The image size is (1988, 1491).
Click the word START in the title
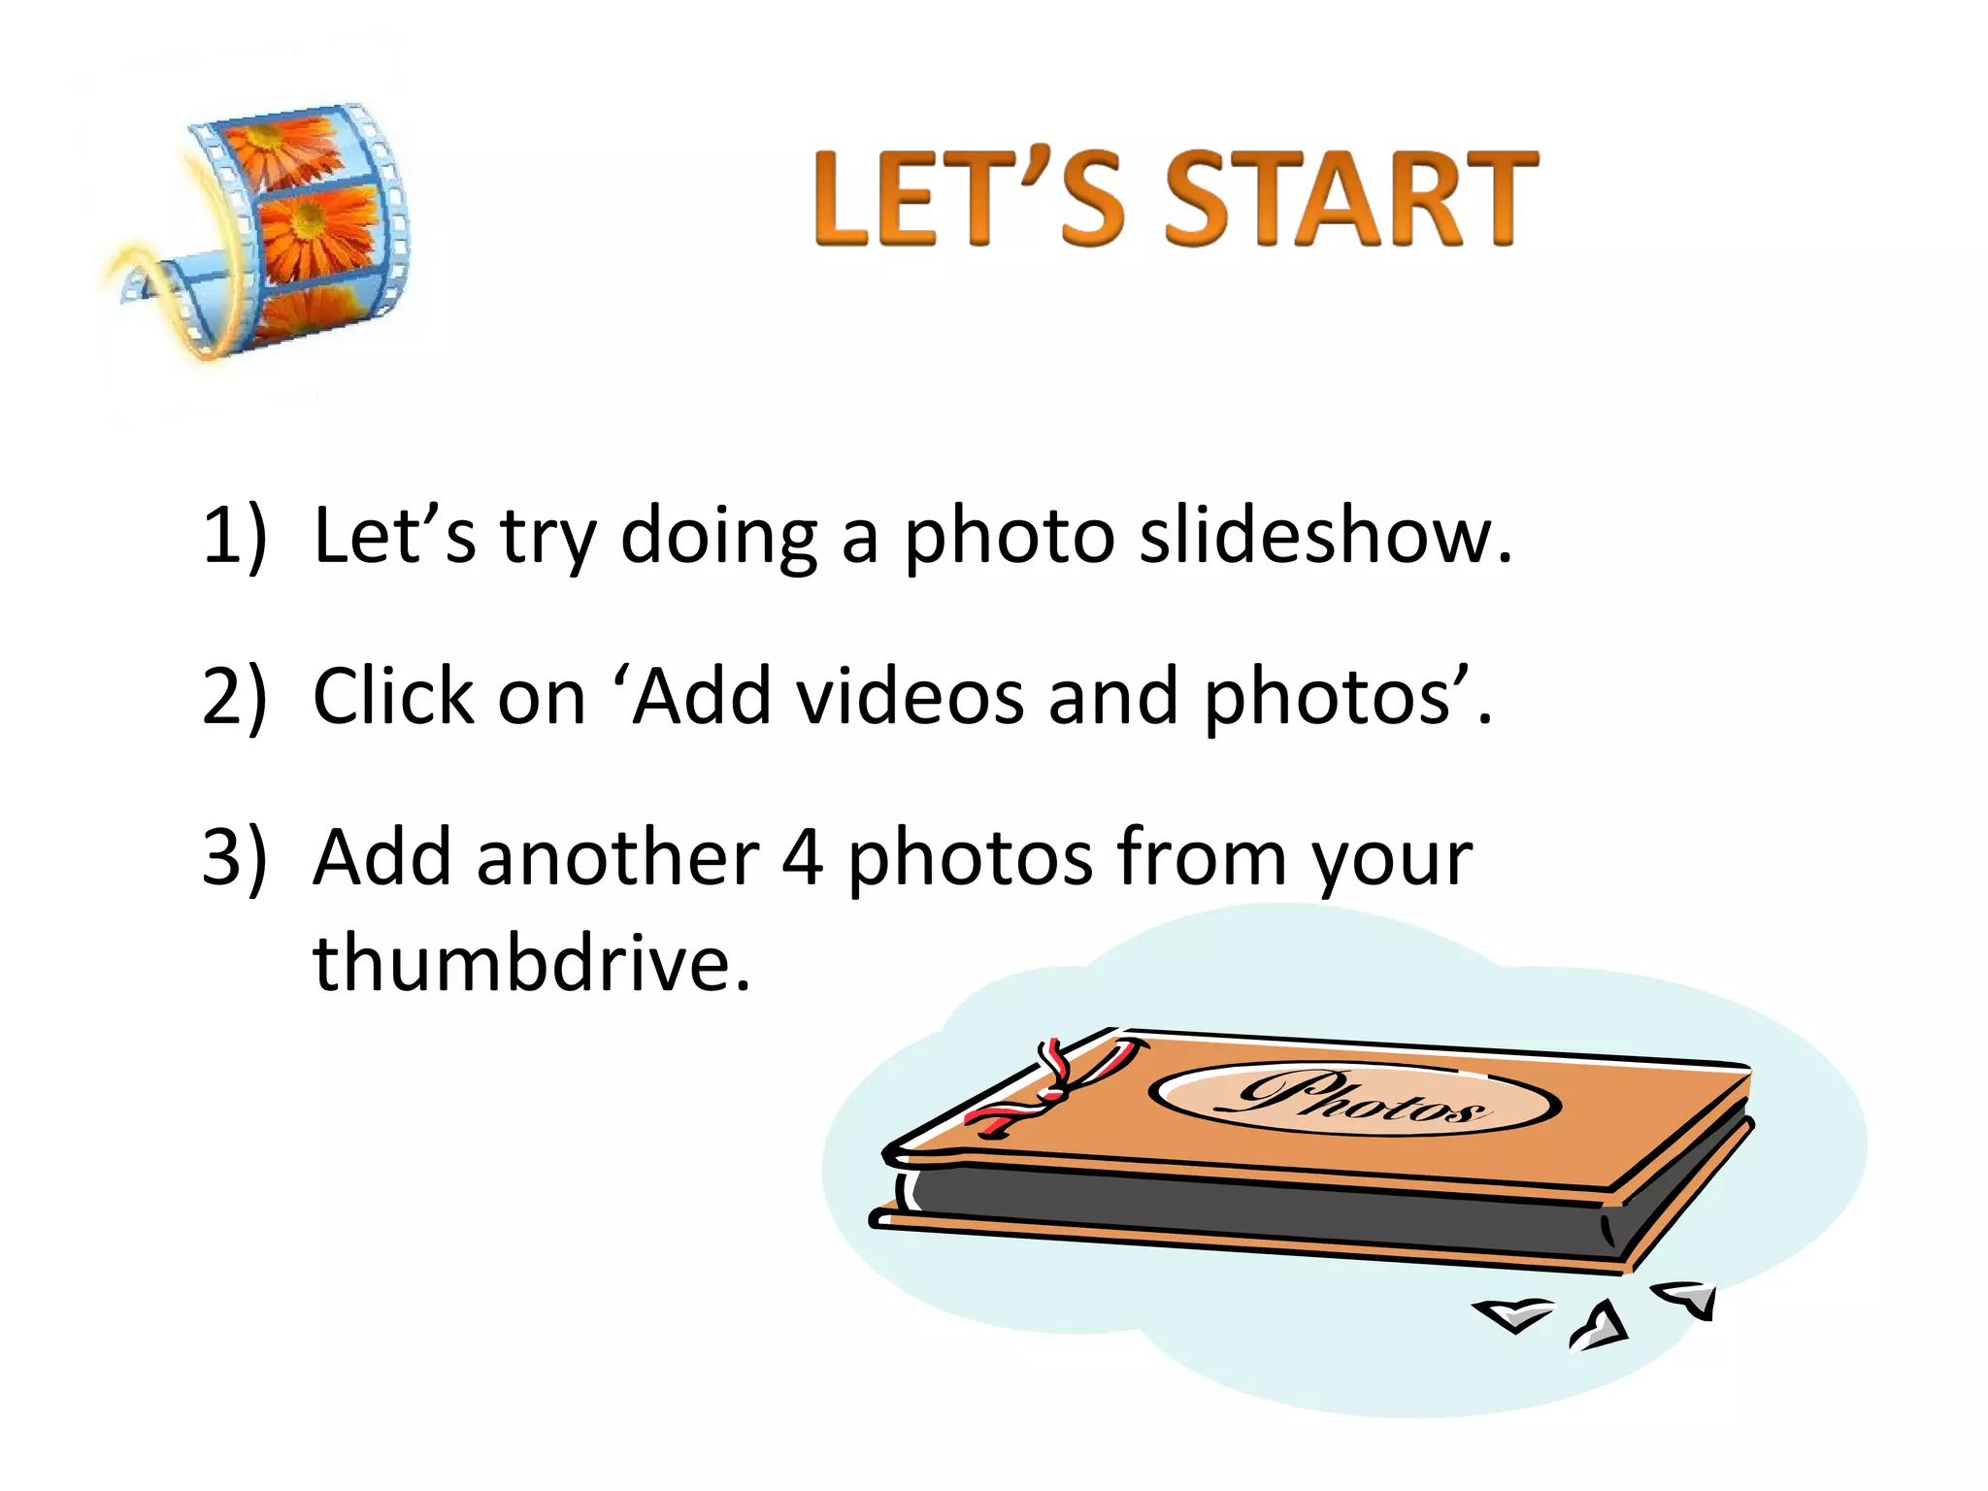[x=1350, y=199]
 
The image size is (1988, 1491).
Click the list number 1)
[x=234, y=536]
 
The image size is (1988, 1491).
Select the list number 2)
[x=234, y=697]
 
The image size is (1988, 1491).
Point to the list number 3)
[x=234, y=858]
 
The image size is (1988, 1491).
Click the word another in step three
[x=617, y=858]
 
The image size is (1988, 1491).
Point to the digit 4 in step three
[x=802, y=858]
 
